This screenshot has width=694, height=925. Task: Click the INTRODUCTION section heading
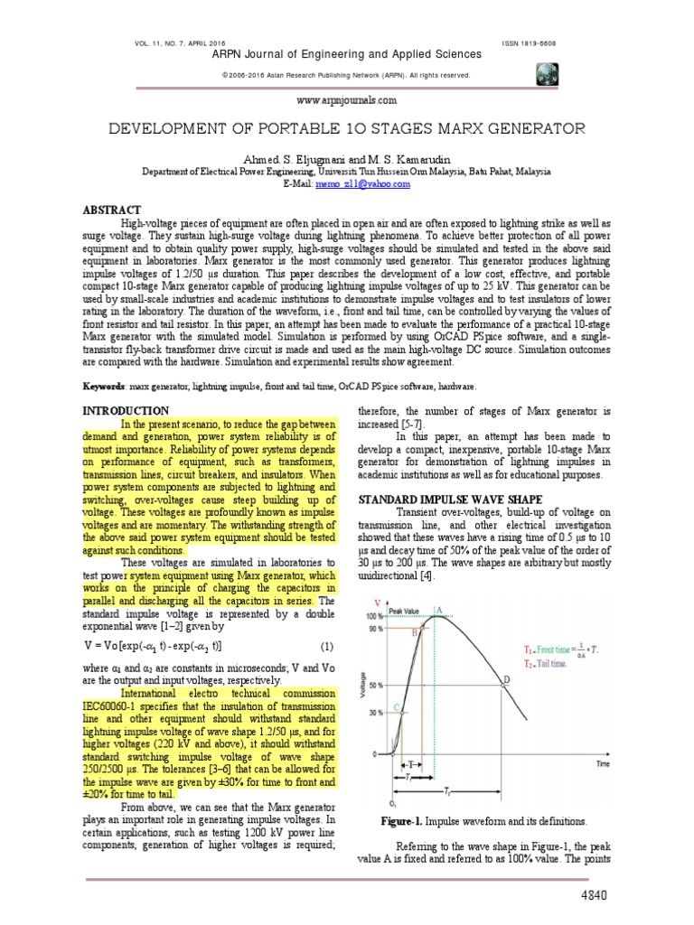(x=127, y=410)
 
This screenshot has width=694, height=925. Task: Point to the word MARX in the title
(x=453, y=129)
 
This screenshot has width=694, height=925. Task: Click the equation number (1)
(x=326, y=646)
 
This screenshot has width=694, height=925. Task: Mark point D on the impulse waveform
(x=506, y=678)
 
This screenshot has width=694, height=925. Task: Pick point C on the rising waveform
(x=398, y=707)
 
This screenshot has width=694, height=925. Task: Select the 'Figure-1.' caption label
(x=408, y=821)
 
